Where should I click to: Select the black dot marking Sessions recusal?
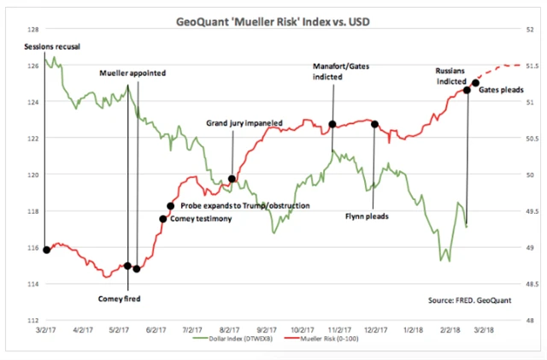45,250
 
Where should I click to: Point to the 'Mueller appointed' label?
132,73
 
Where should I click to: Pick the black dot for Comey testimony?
163,219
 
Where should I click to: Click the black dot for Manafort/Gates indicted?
332,125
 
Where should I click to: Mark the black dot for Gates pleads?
475,83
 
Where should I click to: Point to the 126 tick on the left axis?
31,66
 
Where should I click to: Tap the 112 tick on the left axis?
31,321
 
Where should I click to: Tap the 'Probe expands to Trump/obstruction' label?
244,206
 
